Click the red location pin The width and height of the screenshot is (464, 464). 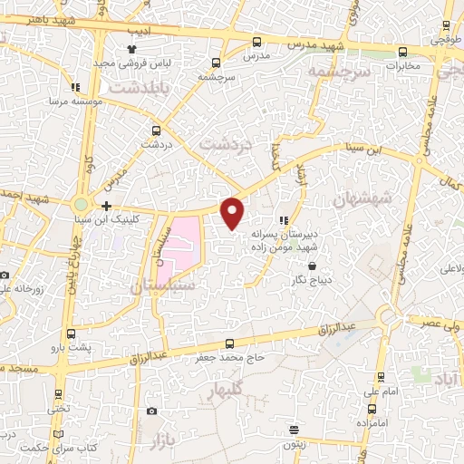click(x=234, y=211)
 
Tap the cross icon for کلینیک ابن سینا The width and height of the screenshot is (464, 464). click(x=107, y=207)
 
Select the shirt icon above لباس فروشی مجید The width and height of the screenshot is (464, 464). click(x=132, y=51)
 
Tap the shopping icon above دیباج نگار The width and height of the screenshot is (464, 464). click(x=313, y=266)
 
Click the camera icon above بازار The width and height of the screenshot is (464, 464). click(x=151, y=411)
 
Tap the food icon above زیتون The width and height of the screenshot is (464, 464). click(x=293, y=429)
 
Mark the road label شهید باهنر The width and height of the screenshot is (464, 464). click(x=28, y=18)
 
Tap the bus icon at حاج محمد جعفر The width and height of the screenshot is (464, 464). click(x=229, y=343)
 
